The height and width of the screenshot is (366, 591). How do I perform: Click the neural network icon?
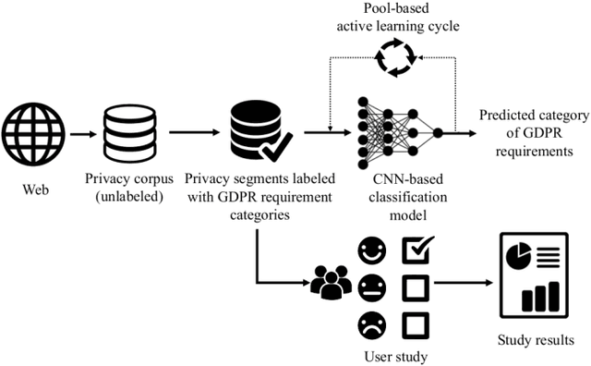click(x=396, y=129)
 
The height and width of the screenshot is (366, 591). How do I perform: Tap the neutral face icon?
click(x=371, y=286)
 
